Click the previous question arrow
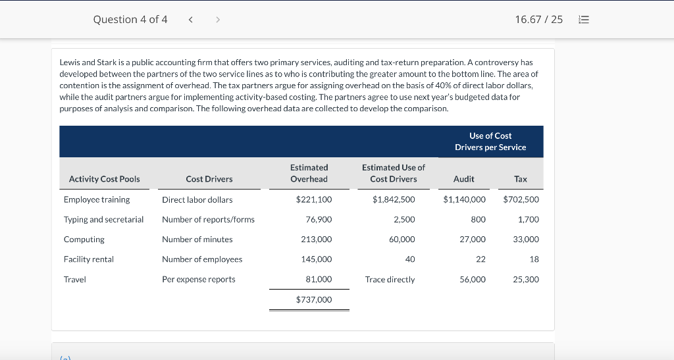pyautogui.click(x=190, y=19)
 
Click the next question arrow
pyautogui.click(x=218, y=19)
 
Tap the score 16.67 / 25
pyautogui.click(x=538, y=19)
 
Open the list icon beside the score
pyautogui.click(x=584, y=19)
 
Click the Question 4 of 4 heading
pyautogui.click(x=130, y=19)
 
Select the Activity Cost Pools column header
pyautogui.click(x=105, y=179)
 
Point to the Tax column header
pyautogui.click(x=521, y=179)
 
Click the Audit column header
pyautogui.click(x=464, y=179)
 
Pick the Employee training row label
pyautogui.click(x=97, y=200)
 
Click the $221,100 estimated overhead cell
pyautogui.click(x=314, y=199)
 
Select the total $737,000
pyautogui.click(x=314, y=299)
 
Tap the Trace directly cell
pyautogui.click(x=390, y=279)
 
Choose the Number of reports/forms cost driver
pyautogui.click(x=208, y=220)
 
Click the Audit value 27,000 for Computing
pyautogui.click(x=473, y=240)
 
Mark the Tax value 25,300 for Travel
pyautogui.click(x=526, y=279)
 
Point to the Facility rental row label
pyautogui.click(x=89, y=259)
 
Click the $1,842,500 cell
pyautogui.click(x=394, y=199)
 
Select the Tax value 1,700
pyautogui.click(x=529, y=220)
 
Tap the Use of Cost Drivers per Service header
pyautogui.click(x=490, y=141)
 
